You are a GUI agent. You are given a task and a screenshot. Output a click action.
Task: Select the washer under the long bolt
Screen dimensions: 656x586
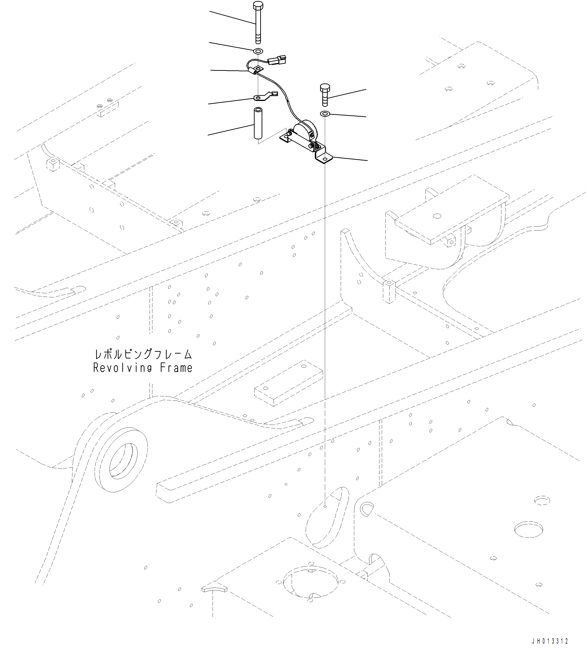click(x=258, y=51)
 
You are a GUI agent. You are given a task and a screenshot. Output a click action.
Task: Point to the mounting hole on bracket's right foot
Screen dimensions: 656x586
click(x=325, y=159)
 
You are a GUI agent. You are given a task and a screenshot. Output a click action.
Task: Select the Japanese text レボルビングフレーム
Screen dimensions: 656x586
click(x=143, y=355)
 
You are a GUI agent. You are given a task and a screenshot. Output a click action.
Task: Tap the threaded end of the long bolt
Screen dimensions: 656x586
click(x=258, y=39)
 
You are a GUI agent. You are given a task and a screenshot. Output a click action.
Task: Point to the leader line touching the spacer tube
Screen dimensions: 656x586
click(x=230, y=130)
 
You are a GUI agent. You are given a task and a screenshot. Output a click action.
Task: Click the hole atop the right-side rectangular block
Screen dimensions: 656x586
click(x=437, y=216)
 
